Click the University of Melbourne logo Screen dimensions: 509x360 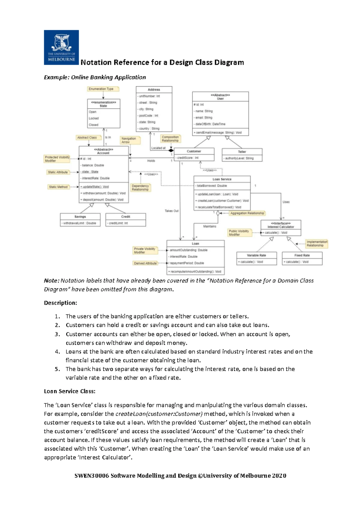(61, 47)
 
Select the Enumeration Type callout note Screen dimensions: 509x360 (103, 89)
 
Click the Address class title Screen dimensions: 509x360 (154, 90)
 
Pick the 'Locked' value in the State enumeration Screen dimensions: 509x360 (94, 118)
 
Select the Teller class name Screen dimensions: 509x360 (242, 152)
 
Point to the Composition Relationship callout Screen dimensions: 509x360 (170, 139)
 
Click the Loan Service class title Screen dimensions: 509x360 (222, 179)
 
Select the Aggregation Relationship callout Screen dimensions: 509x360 (247, 213)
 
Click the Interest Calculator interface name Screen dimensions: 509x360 (281, 227)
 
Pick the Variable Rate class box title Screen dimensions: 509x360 (256, 255)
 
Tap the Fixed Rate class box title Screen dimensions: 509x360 (302, 255)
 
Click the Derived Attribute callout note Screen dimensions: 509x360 (145, 263)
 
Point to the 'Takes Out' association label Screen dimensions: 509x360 (172, 211)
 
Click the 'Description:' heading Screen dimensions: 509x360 (60, 303)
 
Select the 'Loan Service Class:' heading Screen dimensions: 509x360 (70, 391)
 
